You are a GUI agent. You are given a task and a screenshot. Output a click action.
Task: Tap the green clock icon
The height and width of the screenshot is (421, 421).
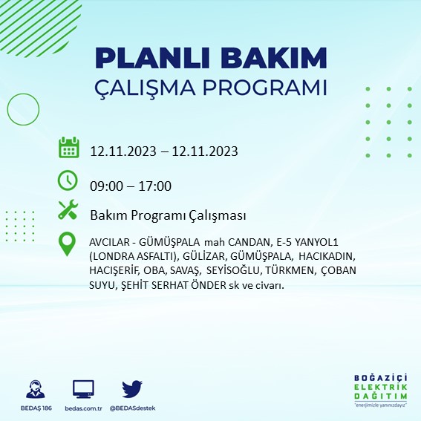tap(68, 180)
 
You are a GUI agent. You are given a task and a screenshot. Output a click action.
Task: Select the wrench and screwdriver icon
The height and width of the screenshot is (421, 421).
tap(68, 211)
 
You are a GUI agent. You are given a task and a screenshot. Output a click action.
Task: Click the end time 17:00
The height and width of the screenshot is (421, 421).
tap(155, 186)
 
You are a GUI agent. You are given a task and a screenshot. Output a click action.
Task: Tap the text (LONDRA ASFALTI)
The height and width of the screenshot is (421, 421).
tap(126, 257)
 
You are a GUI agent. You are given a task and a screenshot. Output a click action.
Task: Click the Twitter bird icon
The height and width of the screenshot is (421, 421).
tap(131, 390)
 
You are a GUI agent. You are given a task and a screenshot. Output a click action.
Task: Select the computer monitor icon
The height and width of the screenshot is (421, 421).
tap(83, 390)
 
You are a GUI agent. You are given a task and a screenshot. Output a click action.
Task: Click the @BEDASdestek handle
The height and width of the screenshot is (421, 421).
tap(132, 408)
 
